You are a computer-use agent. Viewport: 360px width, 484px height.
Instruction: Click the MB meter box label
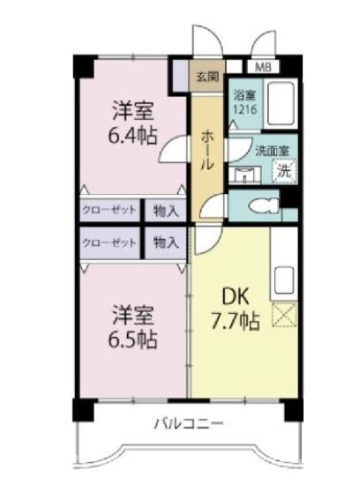(x=263, y=67)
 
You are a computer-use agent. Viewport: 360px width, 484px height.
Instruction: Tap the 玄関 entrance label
(x=207, y=76)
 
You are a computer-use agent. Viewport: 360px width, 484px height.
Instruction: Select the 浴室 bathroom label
(x=244, y=95)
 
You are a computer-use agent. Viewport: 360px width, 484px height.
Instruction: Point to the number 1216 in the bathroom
(x=244, y=109)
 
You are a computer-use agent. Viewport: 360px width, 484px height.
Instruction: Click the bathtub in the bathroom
(x=281, y=103)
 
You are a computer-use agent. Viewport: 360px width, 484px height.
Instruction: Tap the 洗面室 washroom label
(x=272, y=151)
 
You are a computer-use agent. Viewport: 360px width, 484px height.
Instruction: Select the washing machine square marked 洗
(x=284, y=171)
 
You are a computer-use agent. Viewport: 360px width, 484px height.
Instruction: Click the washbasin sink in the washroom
(x=244, y=175)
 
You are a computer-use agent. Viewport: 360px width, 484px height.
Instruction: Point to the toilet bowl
(x=264, y=205)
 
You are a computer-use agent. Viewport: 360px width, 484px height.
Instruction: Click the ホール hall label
(x=207, y=151)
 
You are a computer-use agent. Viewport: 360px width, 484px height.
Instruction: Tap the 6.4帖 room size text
(x=132, y=136)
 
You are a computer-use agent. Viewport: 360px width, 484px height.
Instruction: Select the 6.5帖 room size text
(x=132, y=339)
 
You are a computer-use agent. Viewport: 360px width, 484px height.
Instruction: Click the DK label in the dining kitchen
(x=236, y=297)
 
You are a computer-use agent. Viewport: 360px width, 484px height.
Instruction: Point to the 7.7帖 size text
(x=235, y=321)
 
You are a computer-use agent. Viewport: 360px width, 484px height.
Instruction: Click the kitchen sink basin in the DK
(x=284, y=279)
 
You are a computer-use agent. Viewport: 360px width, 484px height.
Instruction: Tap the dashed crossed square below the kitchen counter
(x=284, y=314)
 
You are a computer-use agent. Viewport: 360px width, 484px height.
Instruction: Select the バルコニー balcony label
(x=189, y=423)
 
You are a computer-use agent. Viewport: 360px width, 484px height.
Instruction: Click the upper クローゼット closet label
(x=109, y=211)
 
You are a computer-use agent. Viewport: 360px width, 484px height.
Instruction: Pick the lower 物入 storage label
(x=166, y=243)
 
